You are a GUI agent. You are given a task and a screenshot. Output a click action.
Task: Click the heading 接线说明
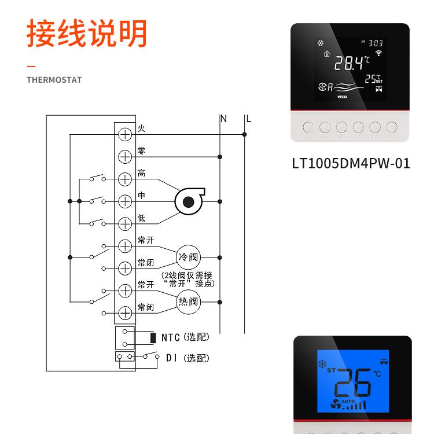[x=87, y=33]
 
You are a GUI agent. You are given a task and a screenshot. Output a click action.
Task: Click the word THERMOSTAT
[x=54, y=80]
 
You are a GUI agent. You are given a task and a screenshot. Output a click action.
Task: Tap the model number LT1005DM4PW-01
[x=351, y=164]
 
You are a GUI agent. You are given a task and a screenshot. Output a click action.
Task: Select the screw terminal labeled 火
[x=125, y=134]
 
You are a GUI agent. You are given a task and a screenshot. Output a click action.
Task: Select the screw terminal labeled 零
[x=125, y=157]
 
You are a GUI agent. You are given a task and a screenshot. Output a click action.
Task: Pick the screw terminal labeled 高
[x=125, y=179]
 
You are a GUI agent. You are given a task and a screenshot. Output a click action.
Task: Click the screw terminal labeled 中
[x=125, y=201]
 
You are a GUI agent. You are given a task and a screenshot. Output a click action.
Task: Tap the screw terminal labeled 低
[x=125, y=223]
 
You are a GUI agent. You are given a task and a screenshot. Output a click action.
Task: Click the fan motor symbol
[x=187, y=201]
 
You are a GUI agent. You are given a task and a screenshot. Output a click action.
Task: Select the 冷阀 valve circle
[x=187, y=257]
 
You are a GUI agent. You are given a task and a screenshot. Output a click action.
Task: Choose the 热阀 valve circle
[x=187, y=301]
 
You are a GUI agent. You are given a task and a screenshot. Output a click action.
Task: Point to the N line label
[x=223, y=119]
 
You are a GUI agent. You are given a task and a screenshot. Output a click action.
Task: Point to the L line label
[x=248, y=119]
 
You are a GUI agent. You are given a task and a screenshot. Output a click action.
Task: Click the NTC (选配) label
[x=185, y=337]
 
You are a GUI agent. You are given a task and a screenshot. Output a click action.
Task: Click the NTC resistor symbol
[x=152, y=337]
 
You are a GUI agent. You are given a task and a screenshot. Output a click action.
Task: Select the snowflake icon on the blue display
[x=321, y=365]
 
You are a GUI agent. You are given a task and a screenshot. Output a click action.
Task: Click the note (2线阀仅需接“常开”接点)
[x=189, y=279]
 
